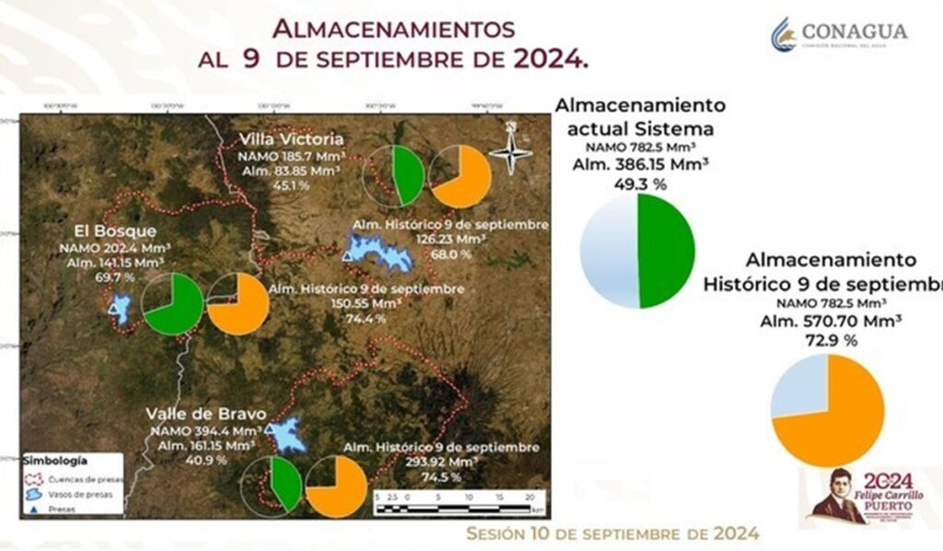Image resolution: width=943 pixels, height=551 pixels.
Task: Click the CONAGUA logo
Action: point(839,34)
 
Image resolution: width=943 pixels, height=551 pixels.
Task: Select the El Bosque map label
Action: point(116,231)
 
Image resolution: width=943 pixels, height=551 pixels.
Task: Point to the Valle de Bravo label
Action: point(200,413)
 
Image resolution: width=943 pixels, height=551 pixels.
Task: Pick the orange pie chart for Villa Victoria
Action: point(460,176)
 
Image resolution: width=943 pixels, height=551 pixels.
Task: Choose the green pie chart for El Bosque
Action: point(173,303)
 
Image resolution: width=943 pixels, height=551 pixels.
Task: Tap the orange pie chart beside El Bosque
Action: point(238,304)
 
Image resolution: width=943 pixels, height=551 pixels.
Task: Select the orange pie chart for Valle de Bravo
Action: point(336,486)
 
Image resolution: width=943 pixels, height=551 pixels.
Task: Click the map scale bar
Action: point(457,505)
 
